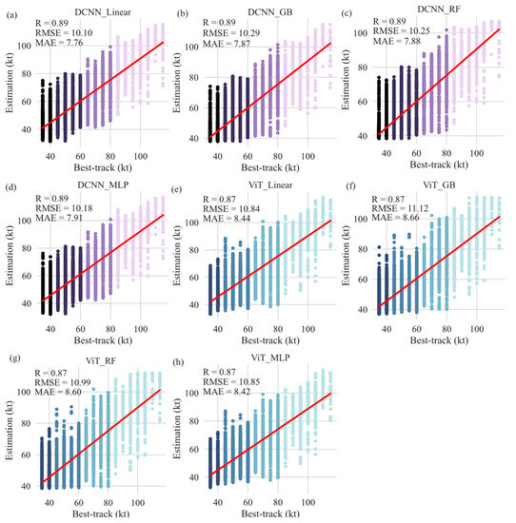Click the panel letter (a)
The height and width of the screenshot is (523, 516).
(x=9, y=9)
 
